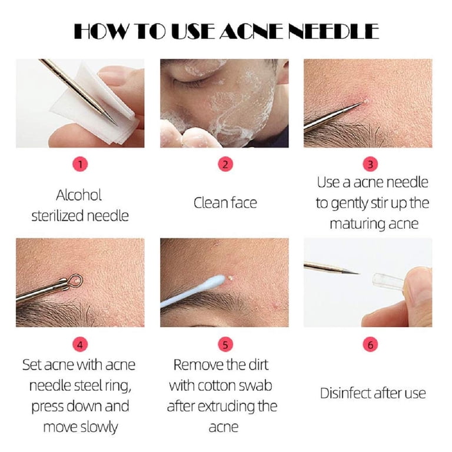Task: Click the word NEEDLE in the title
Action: [x=334, y=31]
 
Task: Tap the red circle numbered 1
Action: [x=80, y=165]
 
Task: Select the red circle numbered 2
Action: [x=225, y=165]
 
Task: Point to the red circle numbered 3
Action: [x=370, y=164]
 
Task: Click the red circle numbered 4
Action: [x=80, y=345]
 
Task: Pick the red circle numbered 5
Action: [x=225, y=345]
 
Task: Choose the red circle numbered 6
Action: [x=370, y=345]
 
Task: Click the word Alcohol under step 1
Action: [x=79, y=195]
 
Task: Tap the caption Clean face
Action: [x=225, y=202]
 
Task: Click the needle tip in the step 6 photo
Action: [x=358, y=272]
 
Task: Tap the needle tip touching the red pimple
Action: [x=362, y=102]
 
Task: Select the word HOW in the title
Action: [x=99, y=31]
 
